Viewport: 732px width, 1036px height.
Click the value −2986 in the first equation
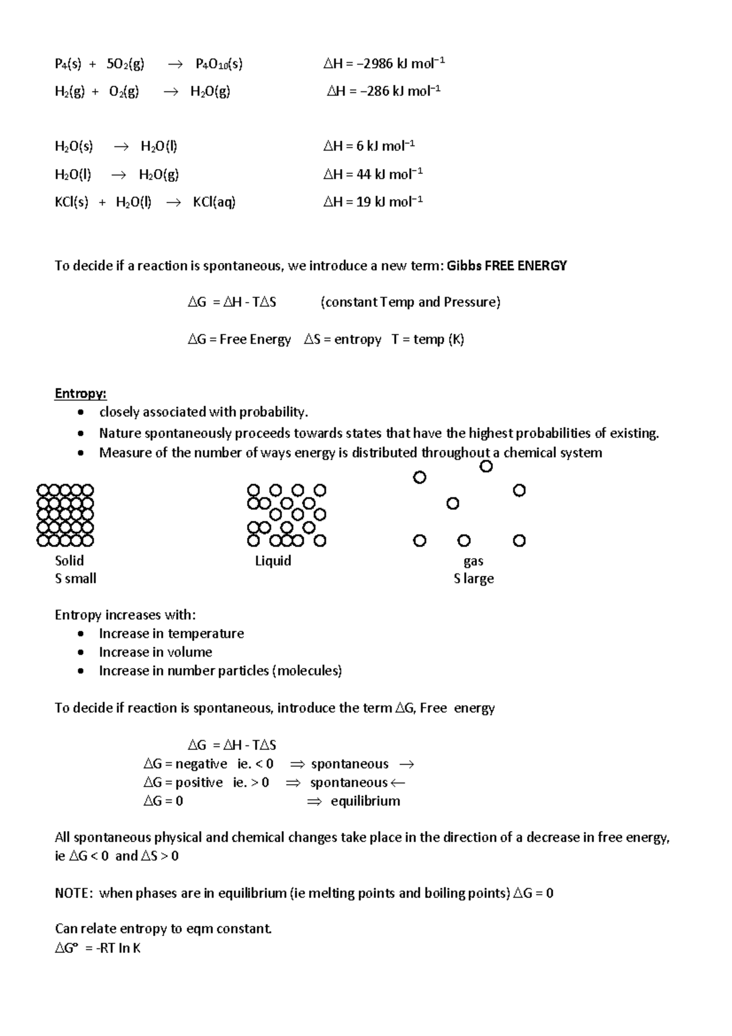[376, 63]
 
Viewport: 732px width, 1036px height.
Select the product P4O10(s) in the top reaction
[219, 64]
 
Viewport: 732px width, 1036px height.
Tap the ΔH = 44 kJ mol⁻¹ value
[373, 174]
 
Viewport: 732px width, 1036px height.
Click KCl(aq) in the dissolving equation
[214, 203]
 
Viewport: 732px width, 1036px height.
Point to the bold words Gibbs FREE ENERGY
[507, 266]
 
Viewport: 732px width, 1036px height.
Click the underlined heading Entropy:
[81, 394]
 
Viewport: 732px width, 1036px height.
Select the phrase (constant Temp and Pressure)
[410, 303]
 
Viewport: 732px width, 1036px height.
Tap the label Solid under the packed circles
[69, 561]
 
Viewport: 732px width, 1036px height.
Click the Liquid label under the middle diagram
[273, 561]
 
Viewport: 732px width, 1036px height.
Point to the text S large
[473, 579]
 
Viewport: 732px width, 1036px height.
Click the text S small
[76, 579]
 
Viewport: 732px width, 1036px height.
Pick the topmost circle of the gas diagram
[486, 467]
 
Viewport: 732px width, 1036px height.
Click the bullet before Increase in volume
[81, 652]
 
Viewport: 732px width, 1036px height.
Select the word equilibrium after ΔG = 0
[365, 801]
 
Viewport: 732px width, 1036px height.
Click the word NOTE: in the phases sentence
[74, 894]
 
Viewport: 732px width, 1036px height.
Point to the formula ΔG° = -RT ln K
[98, 949]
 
